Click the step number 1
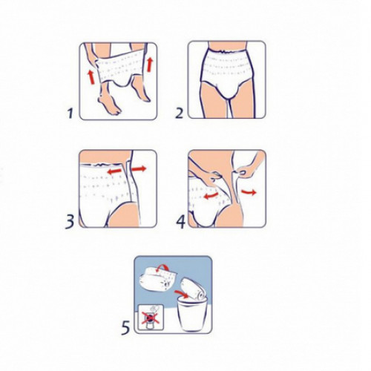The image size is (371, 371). click(x=70, y=114)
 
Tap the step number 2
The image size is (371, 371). click(x=180, y=114)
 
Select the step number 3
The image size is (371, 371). click(x=70, y=221)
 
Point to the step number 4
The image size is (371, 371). click(x=180, y=221)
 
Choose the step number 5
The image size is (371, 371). click(x=125, y=327)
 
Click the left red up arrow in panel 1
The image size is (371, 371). click(x=91, y=77)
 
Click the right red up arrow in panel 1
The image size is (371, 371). click(x=149, y=65)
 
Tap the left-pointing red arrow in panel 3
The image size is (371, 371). click(x=116, y=171)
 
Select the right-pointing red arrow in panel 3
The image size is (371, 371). click(x=138, y=169)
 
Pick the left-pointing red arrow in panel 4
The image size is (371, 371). click(x=211, y=195)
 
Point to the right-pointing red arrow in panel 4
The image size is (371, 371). click(x=249, y=191)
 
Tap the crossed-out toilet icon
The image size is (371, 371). click(x=151, y=318)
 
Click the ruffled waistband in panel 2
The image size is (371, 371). click(x=227, y=53)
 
